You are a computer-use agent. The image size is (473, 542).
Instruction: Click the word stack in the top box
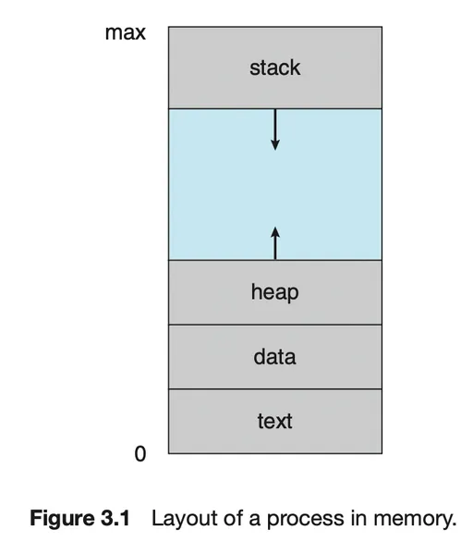click(274, 68)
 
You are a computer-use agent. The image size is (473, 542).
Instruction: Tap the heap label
click(274, 292)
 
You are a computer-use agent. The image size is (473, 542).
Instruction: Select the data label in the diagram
click(274, 357)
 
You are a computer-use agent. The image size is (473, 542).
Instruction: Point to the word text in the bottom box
click(274, 422)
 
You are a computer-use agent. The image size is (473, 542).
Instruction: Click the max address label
click(126, 33)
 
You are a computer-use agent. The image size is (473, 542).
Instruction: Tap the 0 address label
click(140, 454)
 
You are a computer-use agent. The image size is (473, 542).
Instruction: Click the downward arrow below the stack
click(275, 129)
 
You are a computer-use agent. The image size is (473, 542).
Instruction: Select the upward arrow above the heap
click(275, 243)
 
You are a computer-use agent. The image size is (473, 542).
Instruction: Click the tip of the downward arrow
click(275, 150)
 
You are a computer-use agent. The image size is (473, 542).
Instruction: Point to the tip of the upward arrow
click(275, 228)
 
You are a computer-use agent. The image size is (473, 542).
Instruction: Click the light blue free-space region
click(275, 184)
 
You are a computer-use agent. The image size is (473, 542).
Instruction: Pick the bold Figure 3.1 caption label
click(79, 519)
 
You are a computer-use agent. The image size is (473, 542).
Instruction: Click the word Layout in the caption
click(185, 519)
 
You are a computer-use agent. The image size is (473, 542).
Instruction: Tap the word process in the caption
click(306, 520)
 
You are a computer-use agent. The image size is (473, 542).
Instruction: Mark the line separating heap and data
click(275, 325)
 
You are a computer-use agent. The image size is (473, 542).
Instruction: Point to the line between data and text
click(275, 388)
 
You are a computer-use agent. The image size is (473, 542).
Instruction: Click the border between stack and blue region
click(275, 109)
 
